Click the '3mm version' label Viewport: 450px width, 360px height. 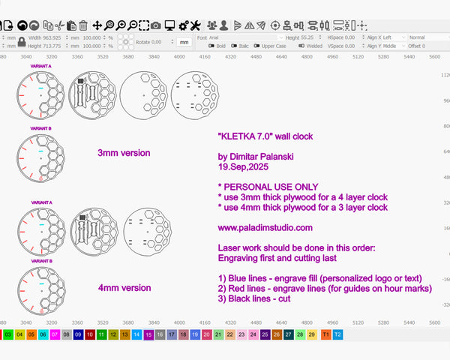[124, 153]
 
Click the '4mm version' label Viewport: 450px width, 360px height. [124, 287]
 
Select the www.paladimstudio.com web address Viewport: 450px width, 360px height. [265, 227]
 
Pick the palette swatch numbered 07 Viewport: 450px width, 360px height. [55, 334]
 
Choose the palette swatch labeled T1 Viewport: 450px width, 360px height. [325, 334]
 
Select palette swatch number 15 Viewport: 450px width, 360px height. [148, 334]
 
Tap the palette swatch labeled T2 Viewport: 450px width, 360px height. [337, 334]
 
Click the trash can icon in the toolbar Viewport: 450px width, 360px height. [83, 25]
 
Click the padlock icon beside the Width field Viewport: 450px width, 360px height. [22, 41]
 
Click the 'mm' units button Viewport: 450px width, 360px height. [183, 42]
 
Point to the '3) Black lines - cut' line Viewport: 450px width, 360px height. [255, 298]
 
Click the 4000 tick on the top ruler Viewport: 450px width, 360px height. [179, 56]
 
